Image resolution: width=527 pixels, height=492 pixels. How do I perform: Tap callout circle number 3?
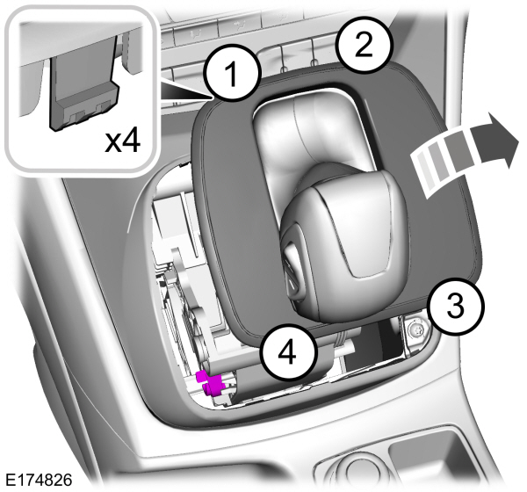pos(455,307)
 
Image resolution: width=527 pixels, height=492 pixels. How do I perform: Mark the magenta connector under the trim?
pos(212,384)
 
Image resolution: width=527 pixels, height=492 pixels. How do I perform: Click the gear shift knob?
pos(339,247)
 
